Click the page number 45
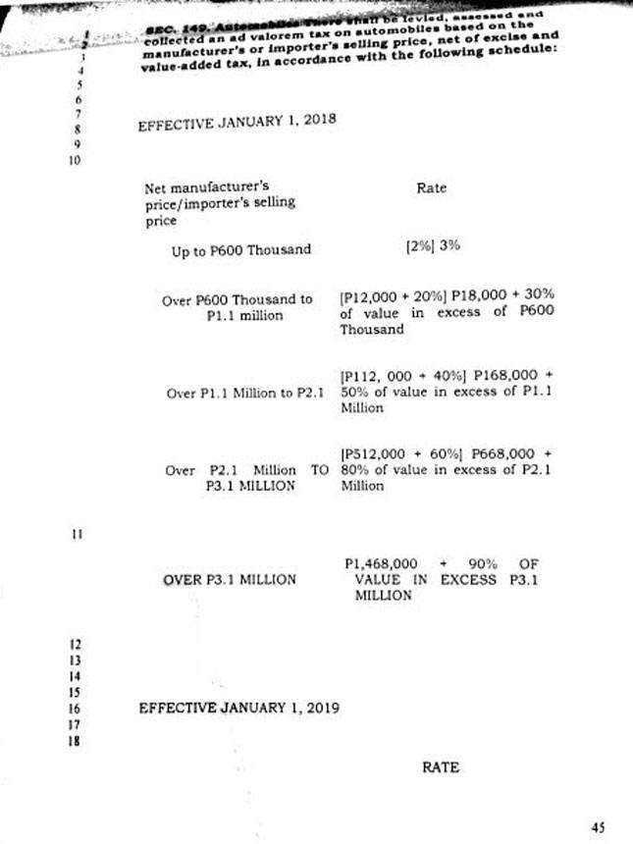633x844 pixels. [x=598, y=827]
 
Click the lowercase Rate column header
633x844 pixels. [x=431, y=187]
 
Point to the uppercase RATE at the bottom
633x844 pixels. [x=441, y=767]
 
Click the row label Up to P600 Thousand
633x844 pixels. [x=240, y=250]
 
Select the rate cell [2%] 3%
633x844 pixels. [x=433, y=246]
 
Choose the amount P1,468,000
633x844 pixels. [x=382, y=564]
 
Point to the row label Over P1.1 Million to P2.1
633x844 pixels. [x=246, y=394]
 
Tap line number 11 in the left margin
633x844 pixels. [x=75, y=534]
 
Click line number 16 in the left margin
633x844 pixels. [x=75, y=708]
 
